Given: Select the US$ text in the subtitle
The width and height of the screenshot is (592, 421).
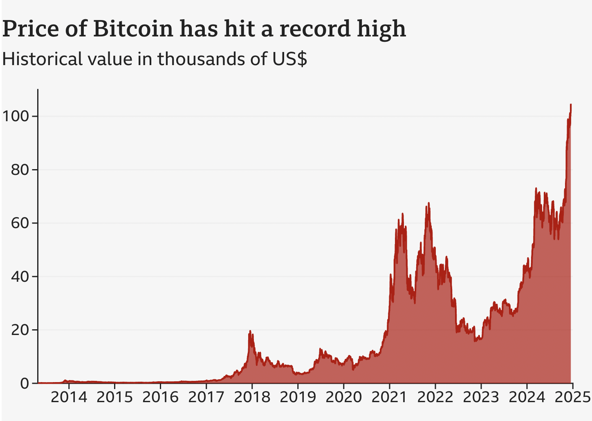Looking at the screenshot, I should click(x=289, y=59).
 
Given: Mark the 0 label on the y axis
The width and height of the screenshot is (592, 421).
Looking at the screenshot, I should click(x=25, y=383).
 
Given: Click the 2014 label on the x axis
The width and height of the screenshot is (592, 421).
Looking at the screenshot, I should click(x=69, y=397).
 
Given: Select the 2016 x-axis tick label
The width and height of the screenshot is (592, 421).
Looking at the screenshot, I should click(x=160, y=397).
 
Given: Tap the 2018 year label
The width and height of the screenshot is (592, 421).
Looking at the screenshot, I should click(x=252, y=397).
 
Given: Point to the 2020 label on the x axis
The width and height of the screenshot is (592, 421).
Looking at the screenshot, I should click(x=343, y=397).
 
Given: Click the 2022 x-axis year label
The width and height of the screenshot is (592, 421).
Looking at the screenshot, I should click(x=435, y=397).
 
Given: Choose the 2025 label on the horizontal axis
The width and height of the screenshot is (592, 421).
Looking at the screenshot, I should click(x=572, y=397).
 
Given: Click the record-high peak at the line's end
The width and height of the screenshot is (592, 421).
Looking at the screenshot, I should click(x=571, y=104).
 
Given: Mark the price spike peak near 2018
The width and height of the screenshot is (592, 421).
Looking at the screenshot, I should click(x=250, y=331).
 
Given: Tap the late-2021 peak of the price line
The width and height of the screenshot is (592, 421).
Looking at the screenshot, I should click(x=428, y=203).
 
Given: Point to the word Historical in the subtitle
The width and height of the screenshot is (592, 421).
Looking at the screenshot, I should click(x=40, y=59).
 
